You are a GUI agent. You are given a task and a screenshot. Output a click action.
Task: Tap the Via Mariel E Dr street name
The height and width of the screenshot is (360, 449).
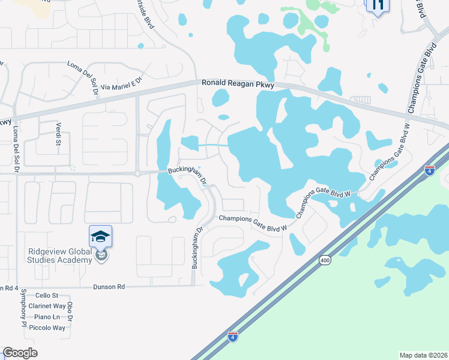click(x=121, y=84)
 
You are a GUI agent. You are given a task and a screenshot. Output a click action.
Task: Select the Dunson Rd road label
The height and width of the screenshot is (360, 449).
click(x=109, y=287)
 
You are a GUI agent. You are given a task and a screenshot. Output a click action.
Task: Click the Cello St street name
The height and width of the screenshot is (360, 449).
click(x=46, y=295)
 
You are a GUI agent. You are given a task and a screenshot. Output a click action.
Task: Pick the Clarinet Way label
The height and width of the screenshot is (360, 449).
click(x=50, y=306)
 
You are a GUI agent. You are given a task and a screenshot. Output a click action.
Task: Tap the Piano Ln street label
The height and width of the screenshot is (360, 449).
click(x=47, y=317)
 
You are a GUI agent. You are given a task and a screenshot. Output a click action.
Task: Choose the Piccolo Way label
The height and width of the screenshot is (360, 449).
click(x=50, y=328)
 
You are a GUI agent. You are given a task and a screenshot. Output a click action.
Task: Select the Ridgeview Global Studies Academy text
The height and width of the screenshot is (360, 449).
click(x=59, y=256)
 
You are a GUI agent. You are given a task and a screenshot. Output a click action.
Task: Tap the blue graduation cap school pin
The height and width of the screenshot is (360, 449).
click(x=101, y=237)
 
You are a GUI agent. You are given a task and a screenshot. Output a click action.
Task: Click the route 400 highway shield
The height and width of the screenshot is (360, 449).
click(x=325, y=260)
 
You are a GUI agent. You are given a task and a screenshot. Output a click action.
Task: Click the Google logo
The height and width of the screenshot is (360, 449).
click(x=20, y=353)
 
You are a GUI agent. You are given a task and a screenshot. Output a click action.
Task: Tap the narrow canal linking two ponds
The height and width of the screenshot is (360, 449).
click(x=213, y=145)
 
